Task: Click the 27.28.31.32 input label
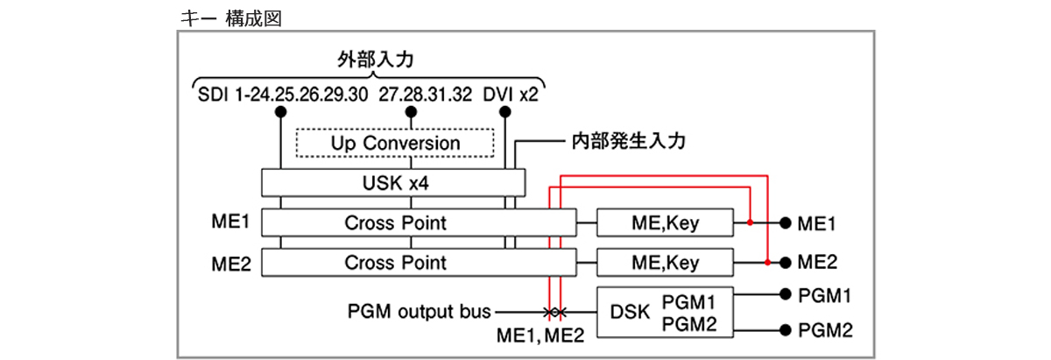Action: tap(425, 95)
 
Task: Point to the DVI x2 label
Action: tap(511, 95)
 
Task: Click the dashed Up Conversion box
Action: tap(395, 143)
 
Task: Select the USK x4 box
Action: tap(393, 183)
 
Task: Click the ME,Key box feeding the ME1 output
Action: tap(665, 222)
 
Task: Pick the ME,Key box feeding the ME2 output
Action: tap(665, 262)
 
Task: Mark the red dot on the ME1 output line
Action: tap(751, 222)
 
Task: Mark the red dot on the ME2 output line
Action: tap(767, 262)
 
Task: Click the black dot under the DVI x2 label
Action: tap(505, 112)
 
